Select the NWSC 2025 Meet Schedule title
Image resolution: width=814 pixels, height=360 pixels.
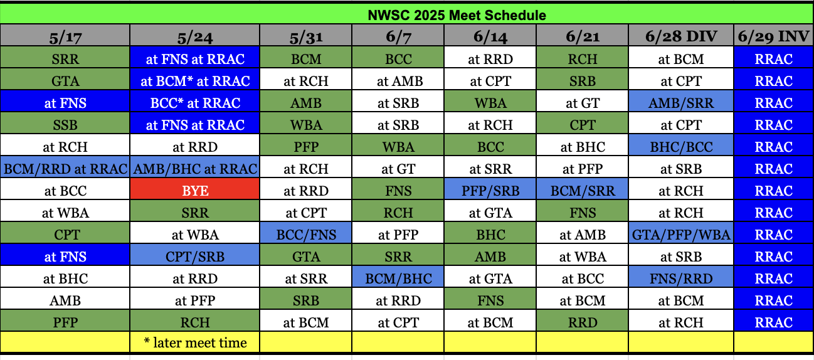pyautogui.click(x=457, y=15)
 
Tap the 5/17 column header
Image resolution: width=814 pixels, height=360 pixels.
pyautogui.click(x=65, y=36)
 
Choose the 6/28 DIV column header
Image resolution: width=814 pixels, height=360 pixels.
pyautogui.click(x=681, y=36)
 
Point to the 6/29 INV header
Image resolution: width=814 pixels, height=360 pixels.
pyautogui.click(x=773, y=36)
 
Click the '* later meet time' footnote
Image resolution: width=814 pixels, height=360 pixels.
pyautogui.click(x=195, y=342)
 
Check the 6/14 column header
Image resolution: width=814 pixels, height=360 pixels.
pyautogui.click(x=490, y=36)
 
